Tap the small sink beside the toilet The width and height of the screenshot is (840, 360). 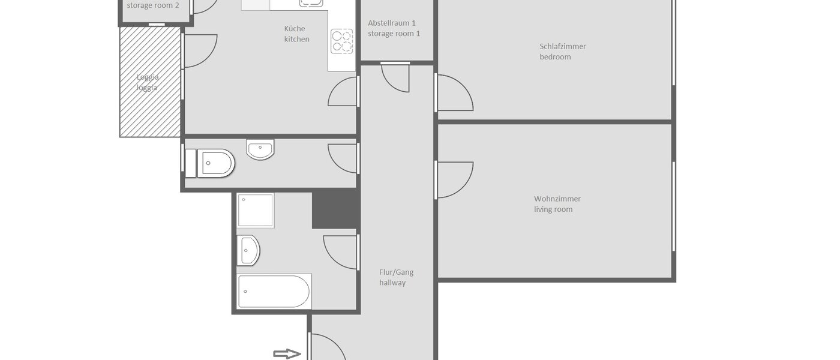[x=260, y=149]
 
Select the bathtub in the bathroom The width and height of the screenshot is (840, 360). [x=274, y=291]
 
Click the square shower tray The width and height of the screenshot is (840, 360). [x=256, y=210]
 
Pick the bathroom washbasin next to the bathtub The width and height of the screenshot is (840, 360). [x=248, y=250]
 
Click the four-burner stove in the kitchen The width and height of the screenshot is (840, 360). [x=342, y=41]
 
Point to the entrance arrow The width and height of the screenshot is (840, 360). [x=287, y=354]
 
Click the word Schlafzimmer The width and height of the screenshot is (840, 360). [x=562, y=46]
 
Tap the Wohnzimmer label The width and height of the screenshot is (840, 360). [x=557, y=199]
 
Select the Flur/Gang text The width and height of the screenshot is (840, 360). [x=396, y=272]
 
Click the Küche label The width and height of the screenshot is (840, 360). [x=295, y=28]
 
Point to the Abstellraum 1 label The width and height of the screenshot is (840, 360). [x=392, y=23]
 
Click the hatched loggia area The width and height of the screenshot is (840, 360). [x=150, y=82]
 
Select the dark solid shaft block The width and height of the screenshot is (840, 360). [x=334, y=209]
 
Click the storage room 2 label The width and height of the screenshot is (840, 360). [x=152, y=5]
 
